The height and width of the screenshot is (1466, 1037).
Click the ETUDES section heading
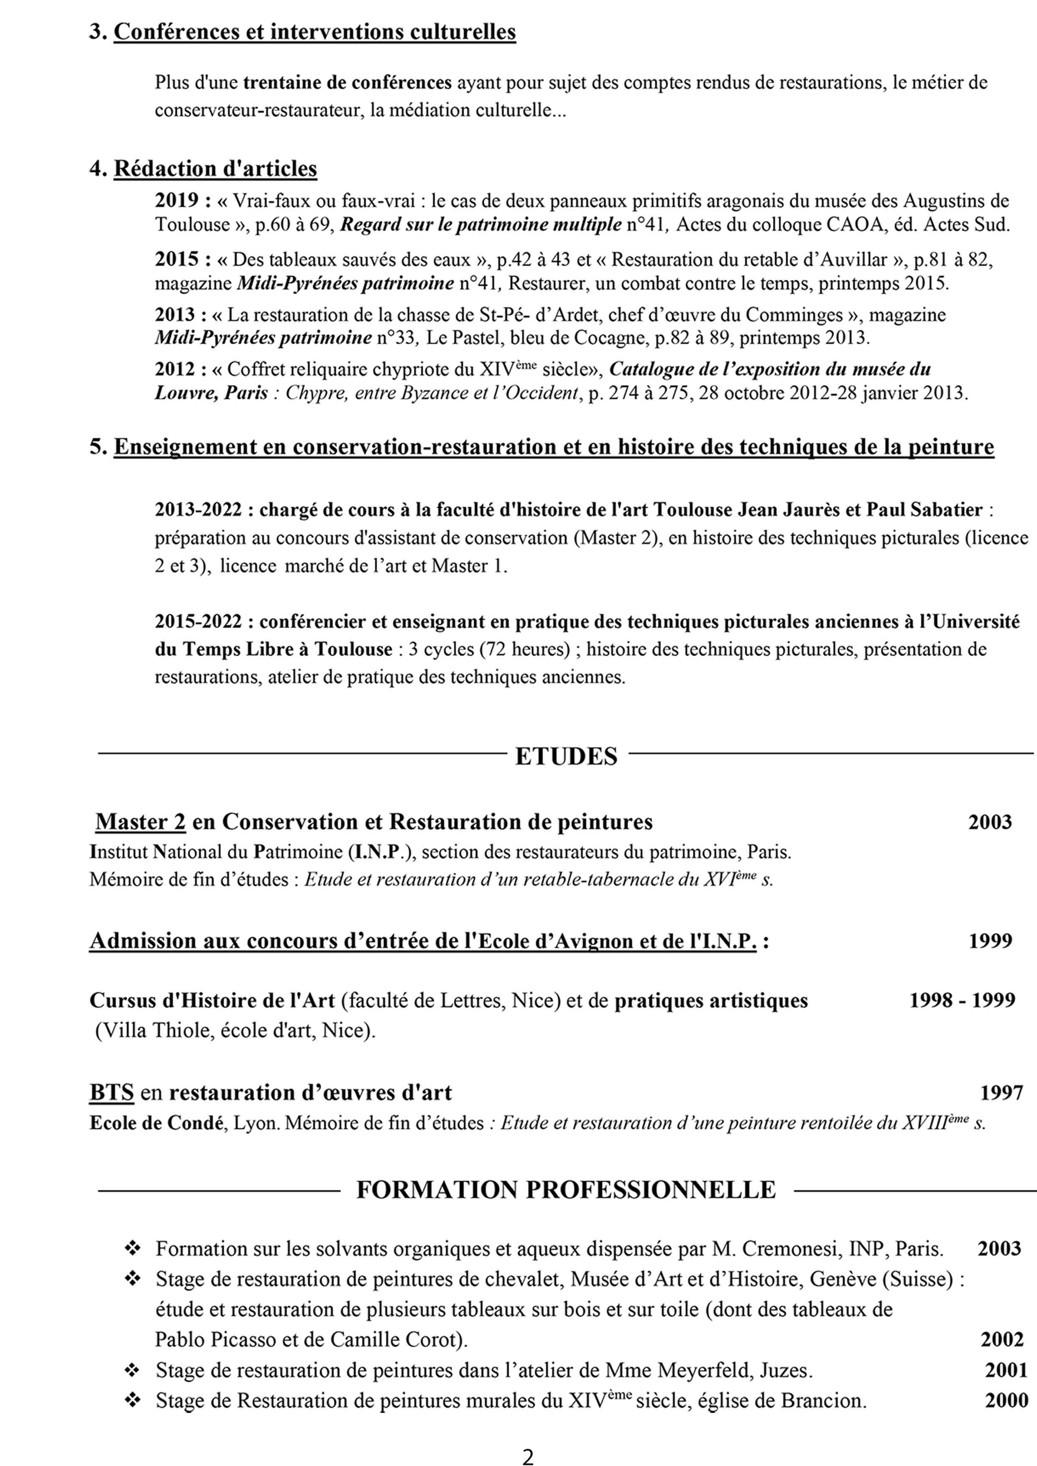566,756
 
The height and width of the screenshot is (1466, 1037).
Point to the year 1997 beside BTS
1001,1092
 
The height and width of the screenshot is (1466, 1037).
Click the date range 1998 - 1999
962,1000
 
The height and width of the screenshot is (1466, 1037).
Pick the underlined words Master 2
140,822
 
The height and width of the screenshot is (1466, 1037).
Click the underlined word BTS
112,1092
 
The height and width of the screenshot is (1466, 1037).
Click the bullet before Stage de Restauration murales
133,1401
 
